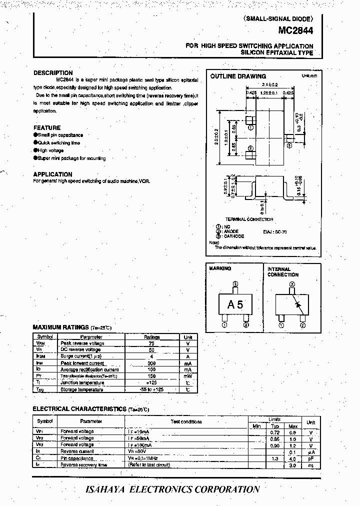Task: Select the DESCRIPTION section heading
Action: tap(53, 73)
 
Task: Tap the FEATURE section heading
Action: tap(47, 127)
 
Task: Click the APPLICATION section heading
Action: tap(52, 174)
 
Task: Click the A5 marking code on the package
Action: tap(235, 304)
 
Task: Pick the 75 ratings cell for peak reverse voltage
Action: tap(152, 343)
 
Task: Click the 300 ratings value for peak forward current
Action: tap(152, 363)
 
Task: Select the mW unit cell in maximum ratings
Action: tap(187, 376)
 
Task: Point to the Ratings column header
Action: tap(152, 337)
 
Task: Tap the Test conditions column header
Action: tap(186, 422)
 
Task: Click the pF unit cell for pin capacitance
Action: tap(310, 458)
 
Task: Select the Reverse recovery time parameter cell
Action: tap(84, 465)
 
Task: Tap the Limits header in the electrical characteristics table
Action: tap(274, 419)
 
